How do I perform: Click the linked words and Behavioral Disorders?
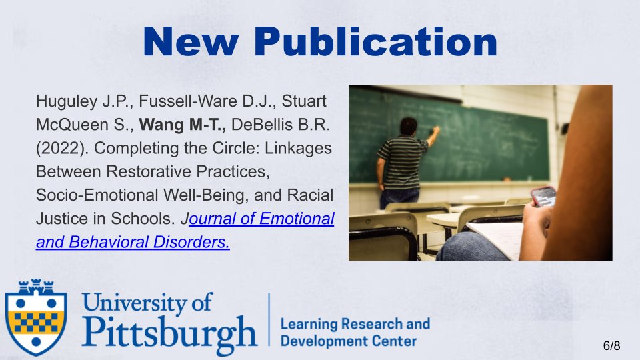pos(133,242)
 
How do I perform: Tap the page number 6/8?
pos(611,345)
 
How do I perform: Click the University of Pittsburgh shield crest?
pos(36,317)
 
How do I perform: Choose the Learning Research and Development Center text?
pos(355,332)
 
